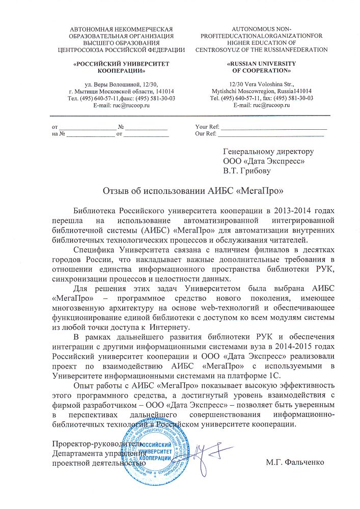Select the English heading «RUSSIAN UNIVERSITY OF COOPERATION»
(261, 67)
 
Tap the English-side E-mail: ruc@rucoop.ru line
(261, 104)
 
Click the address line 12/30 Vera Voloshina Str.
(261, 83)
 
